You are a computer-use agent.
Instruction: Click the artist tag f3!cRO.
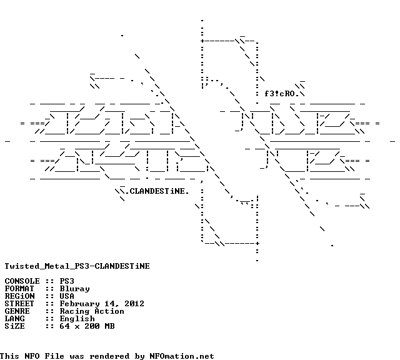click(282, 94)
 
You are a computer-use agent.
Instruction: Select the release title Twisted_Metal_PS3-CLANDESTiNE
click(77, 266)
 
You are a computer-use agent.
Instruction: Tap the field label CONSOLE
click(22, 281)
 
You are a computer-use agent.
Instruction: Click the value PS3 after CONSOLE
click(67, 281)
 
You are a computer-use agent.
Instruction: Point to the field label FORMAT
click(19, 289)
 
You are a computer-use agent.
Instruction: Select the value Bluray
click(74, 289)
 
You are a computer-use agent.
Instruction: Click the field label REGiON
click(19, 296)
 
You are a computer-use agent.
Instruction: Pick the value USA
click(67, 296)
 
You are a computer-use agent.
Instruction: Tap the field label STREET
click(19, 304)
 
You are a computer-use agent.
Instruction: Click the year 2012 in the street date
click(134, 304)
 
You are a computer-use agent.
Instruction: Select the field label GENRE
click(17, 311)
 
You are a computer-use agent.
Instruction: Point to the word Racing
click(74, 311)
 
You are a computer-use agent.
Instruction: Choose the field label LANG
click(14, 319)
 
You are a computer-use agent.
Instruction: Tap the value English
click(77, 319)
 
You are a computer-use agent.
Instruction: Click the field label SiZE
click(14, 326)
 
